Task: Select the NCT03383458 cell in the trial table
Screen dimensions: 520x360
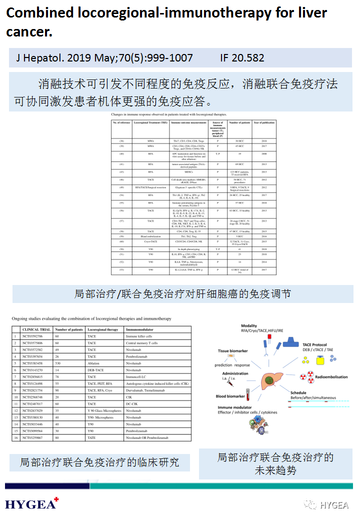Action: tap(36, 363)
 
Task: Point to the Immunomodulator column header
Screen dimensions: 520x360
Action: tap(139, 329)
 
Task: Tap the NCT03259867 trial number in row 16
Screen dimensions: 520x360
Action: tap(36, 437)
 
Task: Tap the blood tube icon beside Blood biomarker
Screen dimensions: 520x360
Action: tap(247, 398)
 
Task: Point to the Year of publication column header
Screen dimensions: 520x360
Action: tap(264, 122)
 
